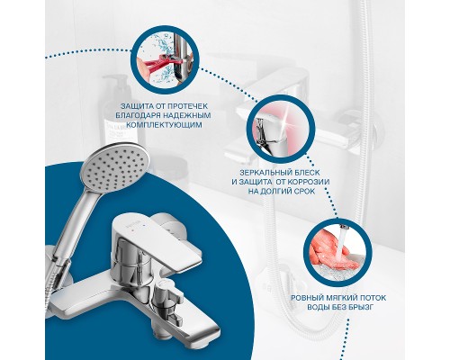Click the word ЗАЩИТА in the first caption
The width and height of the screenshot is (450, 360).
(134, 106)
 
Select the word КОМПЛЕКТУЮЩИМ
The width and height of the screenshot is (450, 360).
(164, 125)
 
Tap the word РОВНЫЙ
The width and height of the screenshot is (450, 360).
(306, 298)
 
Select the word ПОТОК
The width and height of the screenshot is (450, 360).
(372, 298)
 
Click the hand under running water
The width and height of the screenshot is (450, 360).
(333, 250)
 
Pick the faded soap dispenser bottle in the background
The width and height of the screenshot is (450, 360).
(120, 111)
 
